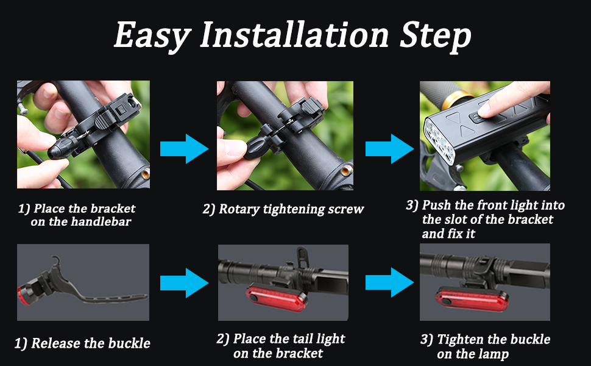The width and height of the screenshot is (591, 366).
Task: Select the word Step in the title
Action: pyautogui.click(x=436, y=36)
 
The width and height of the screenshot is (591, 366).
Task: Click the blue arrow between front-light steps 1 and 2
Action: pyautogui.click(x=184, y=149)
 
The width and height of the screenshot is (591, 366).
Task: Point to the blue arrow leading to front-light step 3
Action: pyautogui.click(x=389, y=149)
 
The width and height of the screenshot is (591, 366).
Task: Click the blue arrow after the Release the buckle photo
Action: pyautogui.click(x=184, y=283)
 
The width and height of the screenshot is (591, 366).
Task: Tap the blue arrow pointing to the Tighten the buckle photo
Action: pyautogui.click(x=389, y=283)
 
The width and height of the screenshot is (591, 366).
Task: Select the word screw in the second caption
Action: pyautogui.click(x=345, y=209)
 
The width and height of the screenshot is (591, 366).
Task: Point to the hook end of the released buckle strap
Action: pyautogui.click(x=57, y=259)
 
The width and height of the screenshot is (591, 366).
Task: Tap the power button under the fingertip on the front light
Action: pyautogui.click(x=478, y=118)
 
